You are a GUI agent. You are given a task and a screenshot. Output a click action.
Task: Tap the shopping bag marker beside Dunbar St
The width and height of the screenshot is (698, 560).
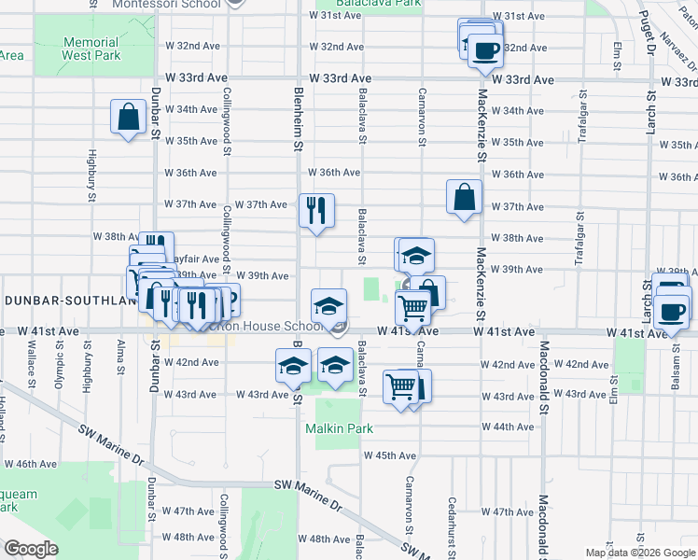[x=129, y=118]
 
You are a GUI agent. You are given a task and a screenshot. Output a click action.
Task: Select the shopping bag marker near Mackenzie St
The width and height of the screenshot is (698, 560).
[x=464, y=197]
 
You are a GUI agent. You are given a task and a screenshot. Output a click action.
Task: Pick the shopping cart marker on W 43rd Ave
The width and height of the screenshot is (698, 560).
[x=401, y=386]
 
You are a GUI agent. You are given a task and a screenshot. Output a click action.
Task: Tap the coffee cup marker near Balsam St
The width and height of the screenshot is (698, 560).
[x=671, y=312]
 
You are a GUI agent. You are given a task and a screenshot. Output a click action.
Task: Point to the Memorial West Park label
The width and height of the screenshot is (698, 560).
[x=91, y=49]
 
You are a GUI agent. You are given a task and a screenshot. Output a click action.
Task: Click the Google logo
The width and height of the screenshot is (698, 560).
[x=31, y=548]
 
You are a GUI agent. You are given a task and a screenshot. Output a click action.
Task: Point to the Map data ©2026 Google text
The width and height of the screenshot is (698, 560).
[x=639, y=553]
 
